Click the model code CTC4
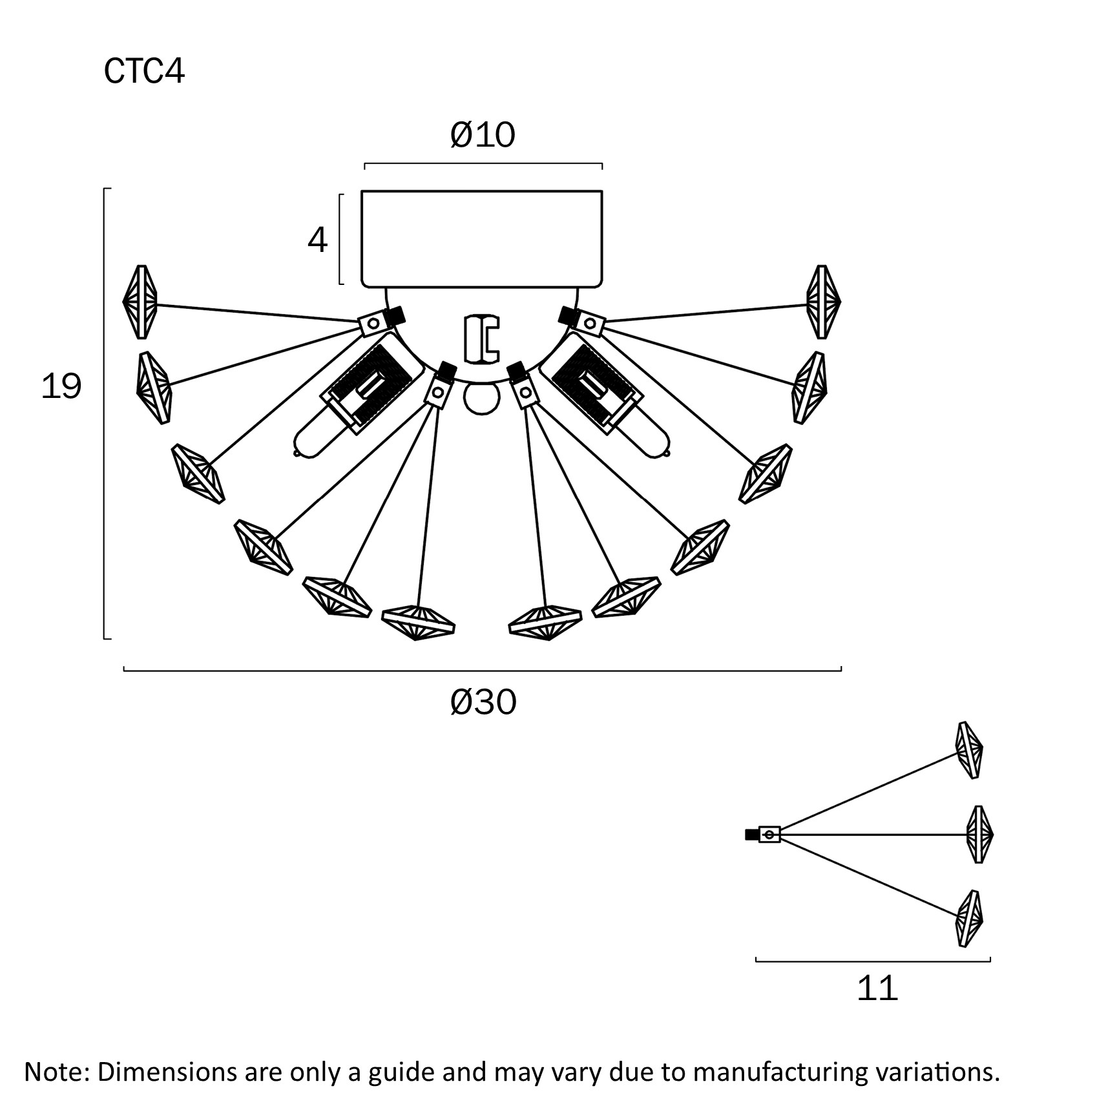pyautogui.click(x=144, y=71)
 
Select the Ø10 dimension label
pyautogui.click(x=483, y=135)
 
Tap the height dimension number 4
pyautogui.click(x=317, y=240)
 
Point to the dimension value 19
pyautogui.click(x=61, y=386)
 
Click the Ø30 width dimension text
pyautogui.click(x=483, y=702)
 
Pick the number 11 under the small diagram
pyautogui.click(x=877, y=988)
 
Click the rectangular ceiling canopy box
pyautogui.click(x=482, y=238)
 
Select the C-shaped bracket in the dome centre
pyautogui.click(x=482, y=339)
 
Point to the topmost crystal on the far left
pyautogui.click(x=140, y=302)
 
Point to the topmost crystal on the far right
pyautogui.click(x=823, y=302)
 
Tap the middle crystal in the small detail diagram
pyautogui.click(x=979, y=834)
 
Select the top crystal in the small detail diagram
pyautogui.click(x=970, y=750)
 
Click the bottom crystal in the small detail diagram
pyautogui.click(x=969, y=918)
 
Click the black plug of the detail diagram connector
pyautogui.click(x=751, y=835)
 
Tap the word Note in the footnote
pyautogui.click(x=54, y=1071)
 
